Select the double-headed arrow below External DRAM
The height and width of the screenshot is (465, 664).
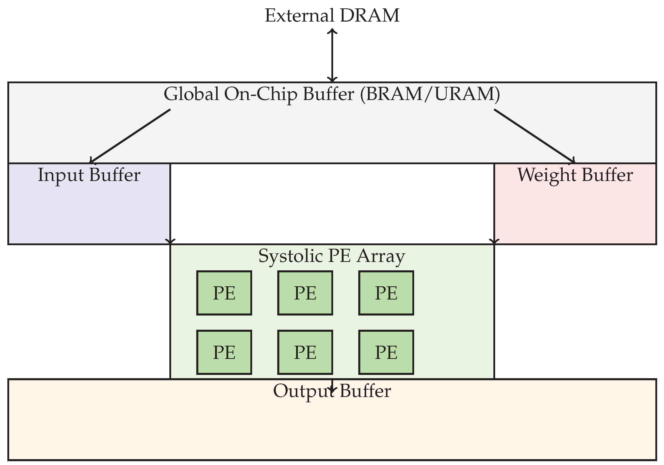point(332,55)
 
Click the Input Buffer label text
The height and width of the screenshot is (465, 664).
point(89,175)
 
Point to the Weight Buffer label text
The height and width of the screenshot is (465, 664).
point(575,175)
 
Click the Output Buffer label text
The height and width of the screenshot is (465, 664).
point(332,391)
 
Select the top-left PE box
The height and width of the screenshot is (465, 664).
point(224,293)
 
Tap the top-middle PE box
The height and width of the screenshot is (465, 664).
point(305,293)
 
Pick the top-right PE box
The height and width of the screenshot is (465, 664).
point(386,293)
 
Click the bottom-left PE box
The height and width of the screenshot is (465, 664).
point(224,352)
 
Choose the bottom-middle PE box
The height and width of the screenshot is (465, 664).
point(305,352)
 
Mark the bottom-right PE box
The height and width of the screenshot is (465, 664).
point(386,352)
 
